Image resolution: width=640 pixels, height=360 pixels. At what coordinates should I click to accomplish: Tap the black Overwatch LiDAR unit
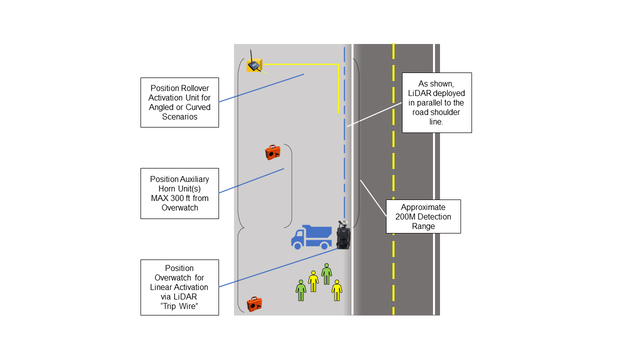click(x=343, y=236)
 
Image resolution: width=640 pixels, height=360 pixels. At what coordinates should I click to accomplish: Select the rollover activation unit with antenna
click(x=254, y=65)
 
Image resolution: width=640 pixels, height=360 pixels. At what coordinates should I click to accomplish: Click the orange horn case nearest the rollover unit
click(x=272, y=152)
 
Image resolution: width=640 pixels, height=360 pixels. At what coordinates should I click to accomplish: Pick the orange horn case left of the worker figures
click(x=254, y=303)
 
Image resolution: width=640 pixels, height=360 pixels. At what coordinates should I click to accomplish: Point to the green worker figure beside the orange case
click(x=300, y=290)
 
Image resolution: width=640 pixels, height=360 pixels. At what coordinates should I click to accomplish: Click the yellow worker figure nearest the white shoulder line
click(x=337, y=290)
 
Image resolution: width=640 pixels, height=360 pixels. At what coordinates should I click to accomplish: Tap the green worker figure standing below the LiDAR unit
click(x=326, y=273)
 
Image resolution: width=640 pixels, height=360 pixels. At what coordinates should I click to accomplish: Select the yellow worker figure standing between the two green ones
click(x=313, y=281)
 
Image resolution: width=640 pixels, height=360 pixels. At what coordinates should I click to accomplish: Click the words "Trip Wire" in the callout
click(x=179, y=306)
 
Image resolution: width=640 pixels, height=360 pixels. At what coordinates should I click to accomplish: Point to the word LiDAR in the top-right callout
click(x=419, y=93)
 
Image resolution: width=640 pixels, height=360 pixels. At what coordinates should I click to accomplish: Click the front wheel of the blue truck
click(x=297, y=245)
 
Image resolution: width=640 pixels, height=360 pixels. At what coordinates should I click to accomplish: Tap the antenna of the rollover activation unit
click(x=251, y=54)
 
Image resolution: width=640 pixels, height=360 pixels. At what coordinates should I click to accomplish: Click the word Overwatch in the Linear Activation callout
click(x=179, y=277)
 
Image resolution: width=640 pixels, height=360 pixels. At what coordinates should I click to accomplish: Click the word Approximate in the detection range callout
click(x=423, y=207)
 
